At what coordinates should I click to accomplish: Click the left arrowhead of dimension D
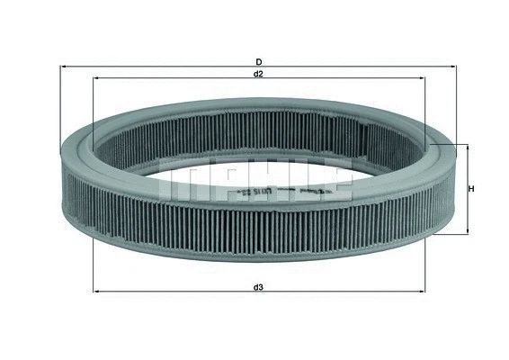[x=62, y=67]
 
